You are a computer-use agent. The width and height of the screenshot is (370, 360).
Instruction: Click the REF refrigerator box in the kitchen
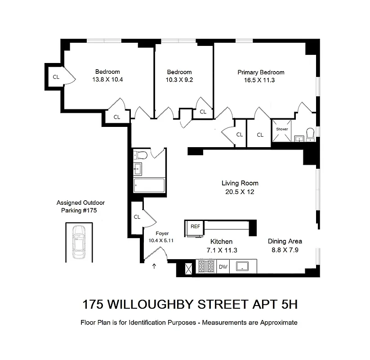[x=195, y=227]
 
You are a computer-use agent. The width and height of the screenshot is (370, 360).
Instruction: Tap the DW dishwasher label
[x=223, y=267]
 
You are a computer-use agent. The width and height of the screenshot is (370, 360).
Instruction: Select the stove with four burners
[x=206, y=266]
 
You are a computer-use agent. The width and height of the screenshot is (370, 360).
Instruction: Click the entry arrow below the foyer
[x=155, y=266]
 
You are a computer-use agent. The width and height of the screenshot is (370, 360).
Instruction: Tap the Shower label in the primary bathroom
[x=282, y=129]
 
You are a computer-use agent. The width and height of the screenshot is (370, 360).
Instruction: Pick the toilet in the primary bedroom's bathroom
[x=310, y=134]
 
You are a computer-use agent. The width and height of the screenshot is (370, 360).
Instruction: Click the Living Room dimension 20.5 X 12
[x=240, y=192]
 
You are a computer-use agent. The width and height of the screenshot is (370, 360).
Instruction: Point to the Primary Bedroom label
[x=261, y=72]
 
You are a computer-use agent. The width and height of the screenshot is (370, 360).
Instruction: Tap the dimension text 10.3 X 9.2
[x=179, y=80]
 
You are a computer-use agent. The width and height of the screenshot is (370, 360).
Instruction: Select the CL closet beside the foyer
[x=137, y=216]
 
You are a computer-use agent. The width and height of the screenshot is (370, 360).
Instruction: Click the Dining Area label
[x=285, y=241]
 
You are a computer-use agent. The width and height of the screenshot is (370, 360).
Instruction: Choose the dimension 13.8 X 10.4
[x=107, y=80]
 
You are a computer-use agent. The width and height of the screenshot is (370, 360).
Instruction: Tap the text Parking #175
[x=79, y=210]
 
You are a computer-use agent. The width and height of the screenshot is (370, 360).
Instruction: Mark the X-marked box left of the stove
[x=188, y=268]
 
